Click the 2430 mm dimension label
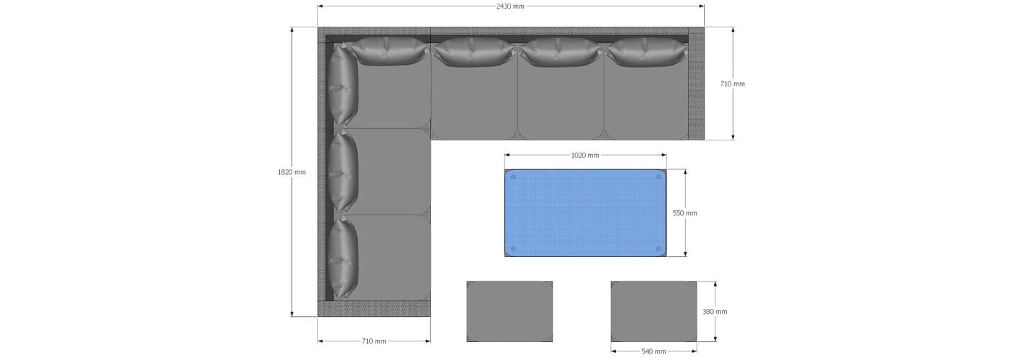click(510, 6)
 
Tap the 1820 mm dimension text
click(291, 172)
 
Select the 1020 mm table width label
click(585, 155)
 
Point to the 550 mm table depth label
click(685, 213)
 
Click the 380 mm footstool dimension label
click(715, 312)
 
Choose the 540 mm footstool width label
click(654, 351)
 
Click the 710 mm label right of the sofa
click(732, 84)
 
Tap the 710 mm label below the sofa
click(374, 341)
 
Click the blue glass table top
click(585, 213)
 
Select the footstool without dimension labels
click(510, 311)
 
